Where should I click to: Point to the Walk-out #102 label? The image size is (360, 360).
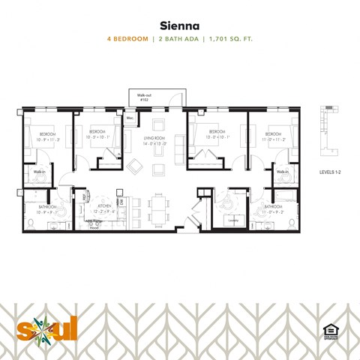(x=145, y=97)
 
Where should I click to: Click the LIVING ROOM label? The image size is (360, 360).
(x=154, y=141)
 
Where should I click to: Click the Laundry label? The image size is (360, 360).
(x=232, y=220)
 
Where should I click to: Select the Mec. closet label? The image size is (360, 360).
(x=130, y=118)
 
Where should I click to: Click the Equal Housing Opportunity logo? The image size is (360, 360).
(x=328, y=329)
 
